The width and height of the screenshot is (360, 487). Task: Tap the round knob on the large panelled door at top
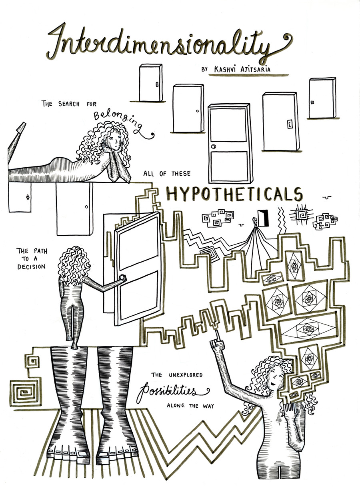click(214, 146)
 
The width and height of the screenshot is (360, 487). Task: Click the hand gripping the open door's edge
click(122, 278)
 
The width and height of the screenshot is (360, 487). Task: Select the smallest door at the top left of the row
click(150, 83)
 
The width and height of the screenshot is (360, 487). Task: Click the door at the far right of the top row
click(322, 98)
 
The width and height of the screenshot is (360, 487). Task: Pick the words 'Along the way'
click(191, 406)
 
